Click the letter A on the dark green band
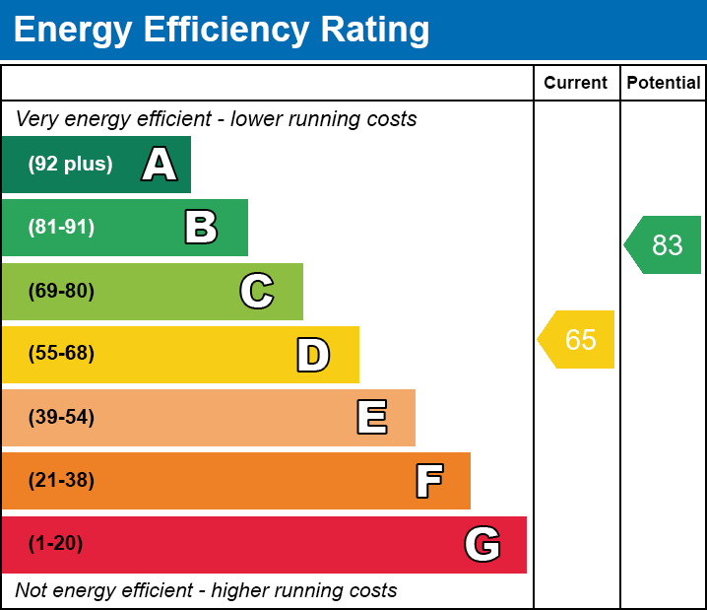pos(159,165)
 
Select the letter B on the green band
pos(201,228)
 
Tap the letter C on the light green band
pos(257,291)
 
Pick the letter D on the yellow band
pos(313,355)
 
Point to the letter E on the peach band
pos(371,418)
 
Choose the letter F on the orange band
pos(428,481)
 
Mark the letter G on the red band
pos(482,544)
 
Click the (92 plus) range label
pos(70,165)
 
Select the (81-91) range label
pos(61,228)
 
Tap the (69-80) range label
pos(61,291)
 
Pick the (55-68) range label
pos(61,354)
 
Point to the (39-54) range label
pos(61,418)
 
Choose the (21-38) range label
pos(61,481)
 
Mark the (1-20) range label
pos(55,544)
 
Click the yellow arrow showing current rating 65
pos(577,340)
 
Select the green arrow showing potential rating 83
pos(664,244)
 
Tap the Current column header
pos(576,84)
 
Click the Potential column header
pos(664,84)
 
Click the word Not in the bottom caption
pos(31,591)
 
